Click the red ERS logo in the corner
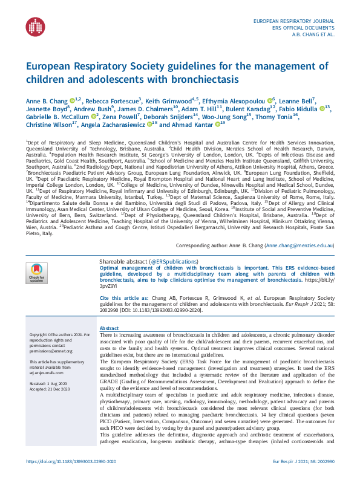tap(35, 26)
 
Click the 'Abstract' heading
tap(109, 327)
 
